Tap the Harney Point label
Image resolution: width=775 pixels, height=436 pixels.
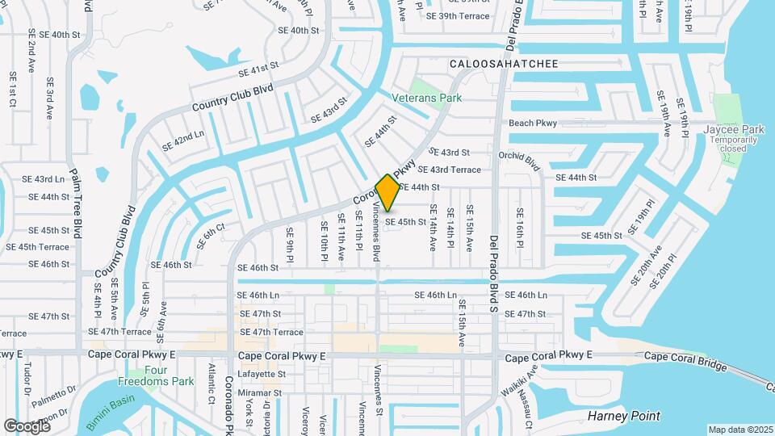tap(625, 417)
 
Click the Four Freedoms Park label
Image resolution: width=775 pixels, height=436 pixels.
tap(156, 375)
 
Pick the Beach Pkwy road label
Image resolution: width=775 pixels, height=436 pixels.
tap(533, 123)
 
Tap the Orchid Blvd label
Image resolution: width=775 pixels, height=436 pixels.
tap(518, 158)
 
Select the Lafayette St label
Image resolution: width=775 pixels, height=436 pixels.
tap(261, 375)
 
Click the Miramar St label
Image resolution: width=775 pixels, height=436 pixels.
tap(260, 393)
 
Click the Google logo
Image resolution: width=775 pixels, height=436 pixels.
tap(27, 426)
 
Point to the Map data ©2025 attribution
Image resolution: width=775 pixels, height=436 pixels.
tap(740, 430)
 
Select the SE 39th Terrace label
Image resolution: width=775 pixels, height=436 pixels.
tap(458, 16)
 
